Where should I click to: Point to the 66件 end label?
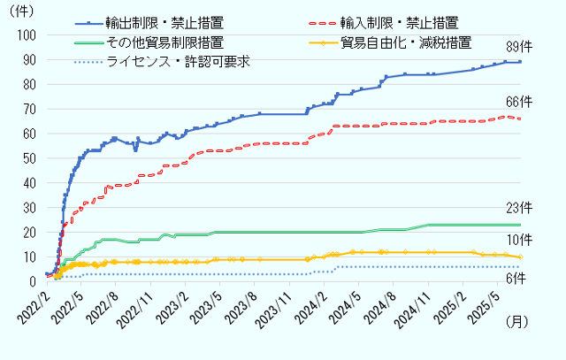point(518,102)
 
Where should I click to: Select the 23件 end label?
point(518,208)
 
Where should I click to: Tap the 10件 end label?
point(518,241)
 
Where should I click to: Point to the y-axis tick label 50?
point(29,158)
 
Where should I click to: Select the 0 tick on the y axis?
point(33,281)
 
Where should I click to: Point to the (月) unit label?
point(516,324)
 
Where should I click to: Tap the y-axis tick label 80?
point(29,84)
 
